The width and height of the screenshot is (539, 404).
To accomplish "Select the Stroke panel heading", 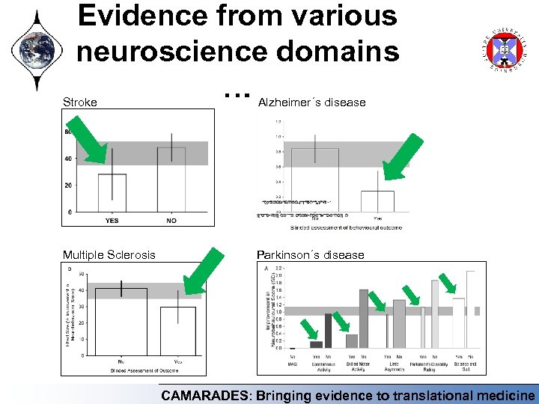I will pos(79,102).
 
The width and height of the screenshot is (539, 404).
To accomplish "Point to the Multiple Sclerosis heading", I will pos(109,254).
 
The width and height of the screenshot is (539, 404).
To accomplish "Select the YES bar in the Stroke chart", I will pos(112,193).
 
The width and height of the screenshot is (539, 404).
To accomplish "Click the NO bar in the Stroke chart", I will pos(171,180).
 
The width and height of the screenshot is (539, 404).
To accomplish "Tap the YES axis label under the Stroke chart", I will pos(112,220).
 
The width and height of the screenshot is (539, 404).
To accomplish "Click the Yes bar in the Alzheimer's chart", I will pos(377,201).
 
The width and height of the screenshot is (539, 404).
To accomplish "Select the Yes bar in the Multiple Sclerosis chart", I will pos(177,331).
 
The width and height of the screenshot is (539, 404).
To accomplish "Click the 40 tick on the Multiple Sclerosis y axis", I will pos(80,290).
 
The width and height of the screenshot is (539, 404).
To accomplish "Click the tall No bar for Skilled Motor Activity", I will pos(364,319).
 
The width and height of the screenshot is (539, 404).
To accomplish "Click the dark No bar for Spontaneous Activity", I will pos(328,331).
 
